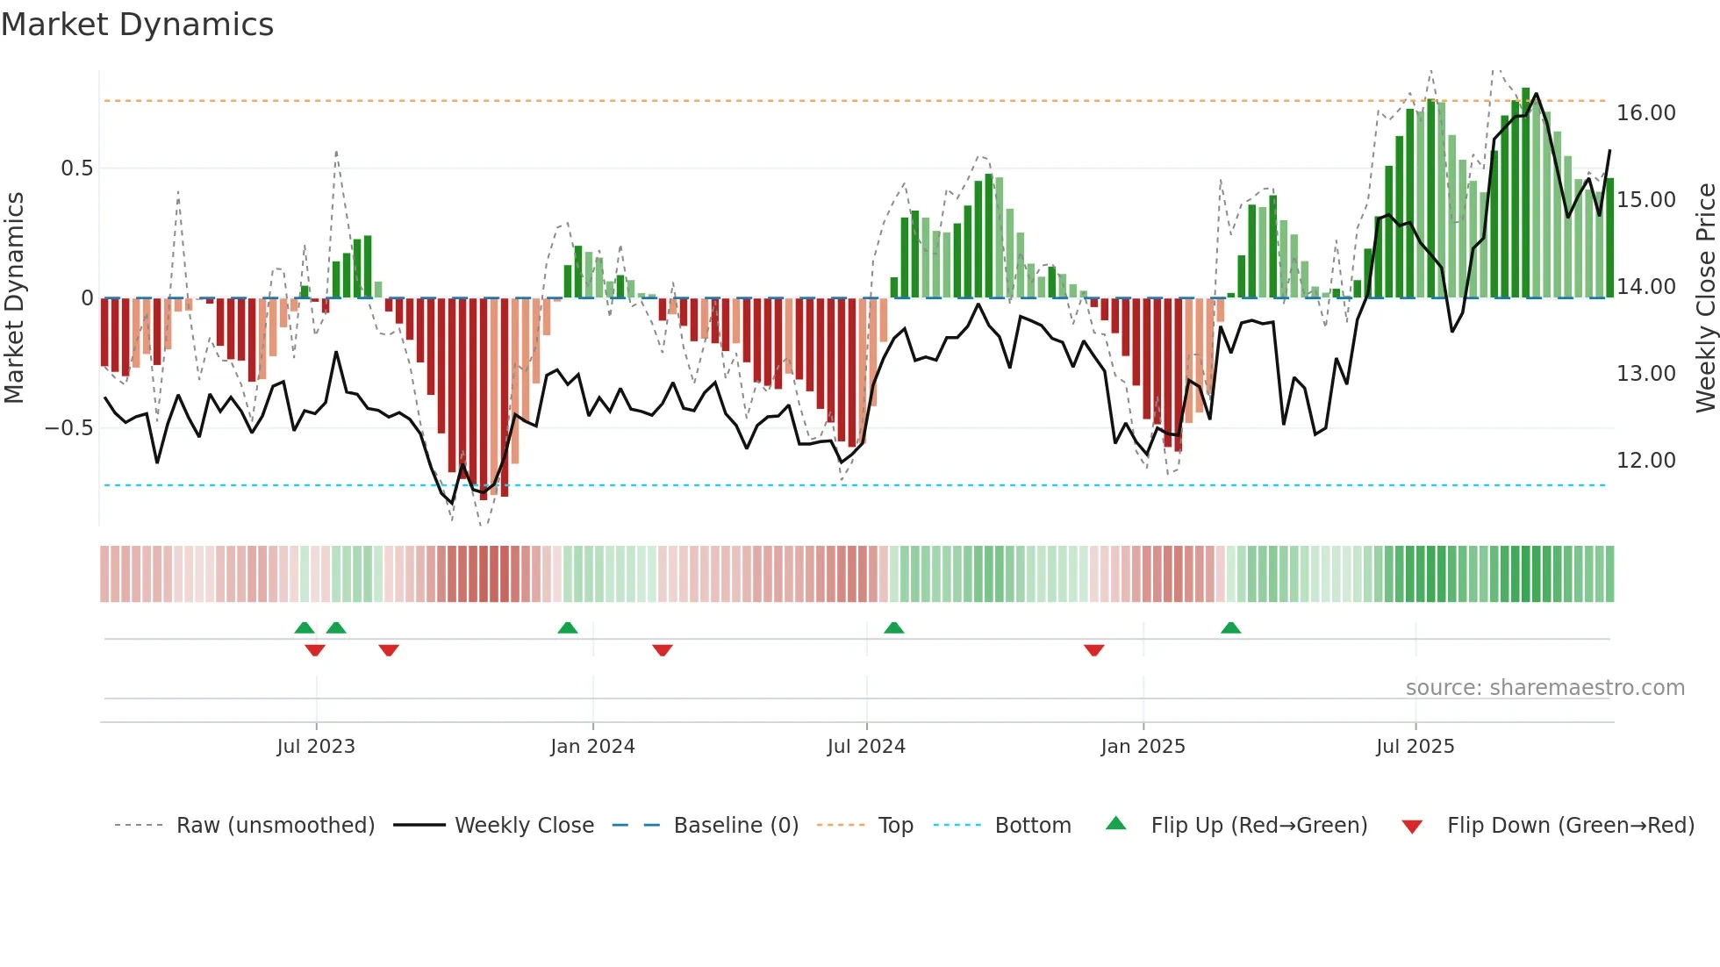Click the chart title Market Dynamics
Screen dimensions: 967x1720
[138, 25]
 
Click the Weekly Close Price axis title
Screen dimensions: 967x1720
[1705, 297]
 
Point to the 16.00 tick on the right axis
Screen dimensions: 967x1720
[1645, 113]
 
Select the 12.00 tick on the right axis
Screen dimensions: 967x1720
[1645, 461]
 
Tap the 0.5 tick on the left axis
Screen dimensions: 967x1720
[76, 168]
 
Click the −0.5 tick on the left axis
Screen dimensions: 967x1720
[69, 428]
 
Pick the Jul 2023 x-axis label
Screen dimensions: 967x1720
[316, 747]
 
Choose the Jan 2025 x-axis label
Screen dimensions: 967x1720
[1143, 747]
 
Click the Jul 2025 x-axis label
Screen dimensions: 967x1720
[1415, 747]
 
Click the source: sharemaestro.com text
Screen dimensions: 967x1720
[1544, 688]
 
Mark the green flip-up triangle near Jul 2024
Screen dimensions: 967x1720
[893, 627]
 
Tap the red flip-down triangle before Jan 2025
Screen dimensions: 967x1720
[1093, 650]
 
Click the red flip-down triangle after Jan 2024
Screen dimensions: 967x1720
[663, 650]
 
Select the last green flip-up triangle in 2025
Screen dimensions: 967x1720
[1230, 627]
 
